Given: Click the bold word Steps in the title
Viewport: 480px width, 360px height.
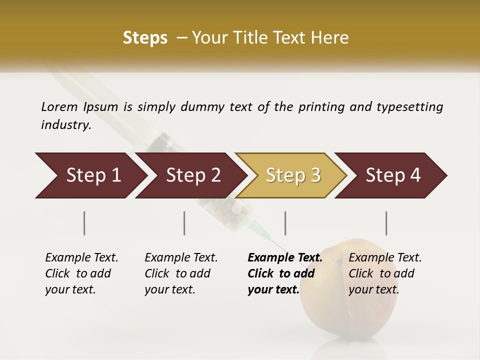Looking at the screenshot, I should (x=145, y=38).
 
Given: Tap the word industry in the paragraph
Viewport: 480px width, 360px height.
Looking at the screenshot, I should (x=65, y=124).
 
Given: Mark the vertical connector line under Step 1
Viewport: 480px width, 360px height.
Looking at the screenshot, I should (x=84, y=223).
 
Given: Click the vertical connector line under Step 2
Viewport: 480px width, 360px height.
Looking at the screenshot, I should (x=184, y=223).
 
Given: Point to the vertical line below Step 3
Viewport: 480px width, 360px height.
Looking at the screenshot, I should (x=285, y=223).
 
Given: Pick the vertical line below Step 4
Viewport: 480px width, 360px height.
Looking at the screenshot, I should (x=386, y=223).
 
